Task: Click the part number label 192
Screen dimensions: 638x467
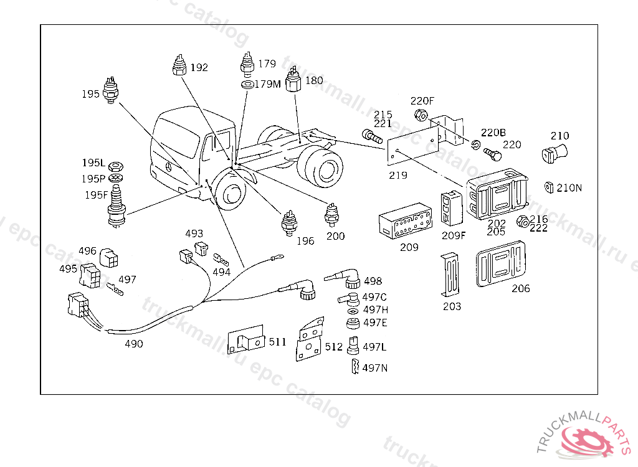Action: tap(199, 67)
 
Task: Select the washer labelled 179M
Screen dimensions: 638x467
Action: tap(247, 85)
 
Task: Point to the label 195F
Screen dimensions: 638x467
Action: tap(96, 195)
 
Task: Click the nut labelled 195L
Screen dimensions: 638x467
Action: tap(116, 166)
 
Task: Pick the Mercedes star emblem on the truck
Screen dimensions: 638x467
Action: tap(168, 167)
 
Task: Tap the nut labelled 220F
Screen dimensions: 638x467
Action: tap(421, 115)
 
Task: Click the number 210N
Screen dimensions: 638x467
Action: tap(569, 187)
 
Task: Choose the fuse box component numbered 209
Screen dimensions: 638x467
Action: tap(405, 220)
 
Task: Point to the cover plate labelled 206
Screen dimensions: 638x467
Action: tap(501, 263)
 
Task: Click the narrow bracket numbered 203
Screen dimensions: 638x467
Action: tap(450, 275)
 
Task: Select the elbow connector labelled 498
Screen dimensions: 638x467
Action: tap(343, 278)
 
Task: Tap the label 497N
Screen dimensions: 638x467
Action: tap(374, 368)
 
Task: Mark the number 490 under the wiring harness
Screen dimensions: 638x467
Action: tap(134, 344)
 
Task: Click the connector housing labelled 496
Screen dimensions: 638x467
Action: tap(108, 258)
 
